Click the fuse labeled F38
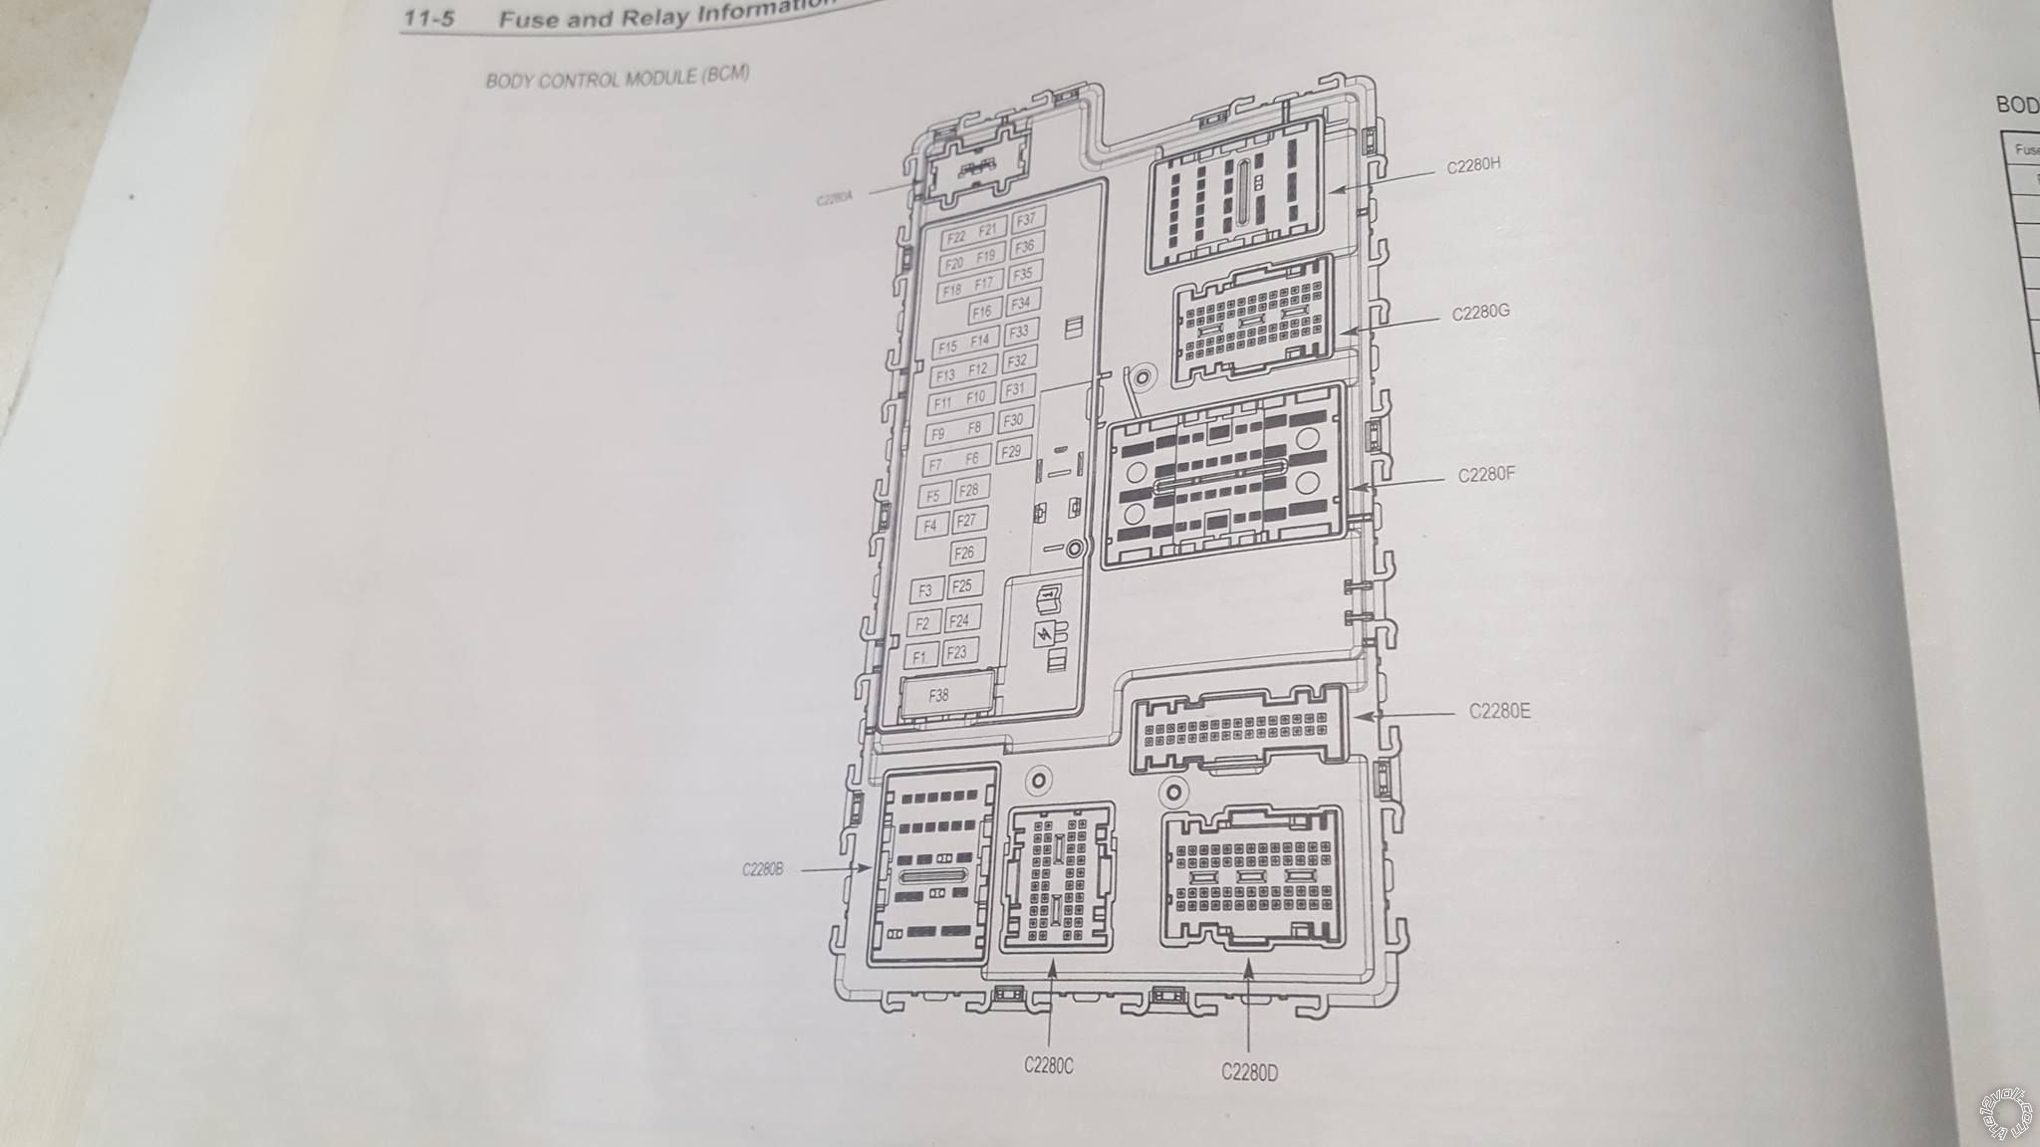[x=939, y=696]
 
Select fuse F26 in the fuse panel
[x=964, y=553]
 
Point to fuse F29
[x=1011, y=450]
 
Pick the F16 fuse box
[x=981, y=312]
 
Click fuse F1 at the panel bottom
[x=920, y=656]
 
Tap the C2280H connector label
[x=1473, y=166]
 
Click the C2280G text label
[x=1480, y=313]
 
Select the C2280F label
[x=1486, y=475]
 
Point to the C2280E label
[x=1499, y=711]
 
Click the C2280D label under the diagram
[x=1250, y=1071]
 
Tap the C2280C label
[x=1049, y=1065]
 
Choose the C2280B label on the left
[x=763, y=869]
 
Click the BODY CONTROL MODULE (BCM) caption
[x=617, y=77]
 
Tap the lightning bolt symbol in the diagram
[x=1045, y=634]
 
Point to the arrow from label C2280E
[x=1404, y=715]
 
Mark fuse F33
[x=1018, y=332]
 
